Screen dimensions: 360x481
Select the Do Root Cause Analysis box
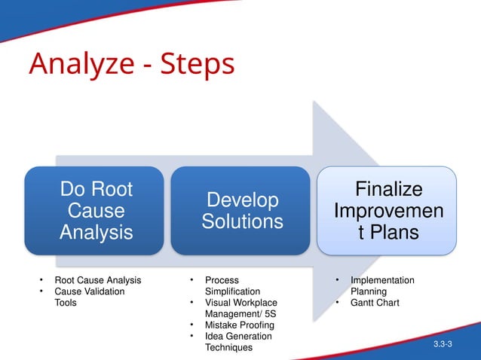tap(95, 210)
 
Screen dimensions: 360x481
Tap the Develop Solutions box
tap(242, 210)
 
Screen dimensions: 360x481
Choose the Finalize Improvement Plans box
tap(387, 210)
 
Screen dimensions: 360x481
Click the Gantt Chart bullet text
tap(375, 303)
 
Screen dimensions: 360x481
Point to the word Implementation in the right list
tap(382, 280)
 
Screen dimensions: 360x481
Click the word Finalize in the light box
tap(388, 188)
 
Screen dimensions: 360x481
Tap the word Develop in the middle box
tap(242, 200)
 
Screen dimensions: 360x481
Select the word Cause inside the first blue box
tap(96, 210)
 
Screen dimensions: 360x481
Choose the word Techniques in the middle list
tap(228, 348)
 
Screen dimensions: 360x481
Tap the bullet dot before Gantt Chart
tap(339, 303)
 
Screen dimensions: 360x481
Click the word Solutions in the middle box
tap(242, 221)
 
